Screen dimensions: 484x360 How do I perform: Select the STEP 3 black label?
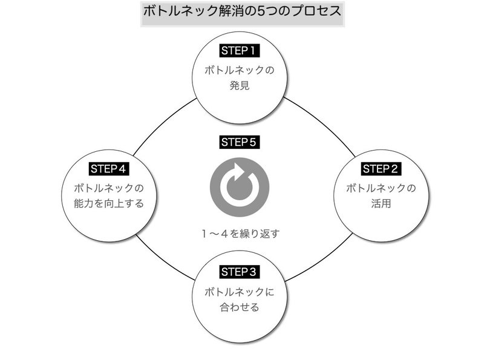(x=239, y=270)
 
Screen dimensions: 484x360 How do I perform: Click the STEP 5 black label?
(x=239, y=143)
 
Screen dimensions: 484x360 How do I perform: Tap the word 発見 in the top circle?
(x=240, y=86)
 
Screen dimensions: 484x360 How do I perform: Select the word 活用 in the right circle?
(x=381, y=204)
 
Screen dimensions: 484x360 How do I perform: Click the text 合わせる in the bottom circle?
(x=239, y=307)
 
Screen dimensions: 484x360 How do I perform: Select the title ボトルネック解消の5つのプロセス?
(x=241, y=11)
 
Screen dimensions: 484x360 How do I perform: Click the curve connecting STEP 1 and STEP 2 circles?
(x=321, y=121)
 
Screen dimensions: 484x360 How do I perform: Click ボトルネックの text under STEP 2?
(x=381, y=188)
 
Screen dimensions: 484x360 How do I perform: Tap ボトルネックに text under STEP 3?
(x=239, y=292)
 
